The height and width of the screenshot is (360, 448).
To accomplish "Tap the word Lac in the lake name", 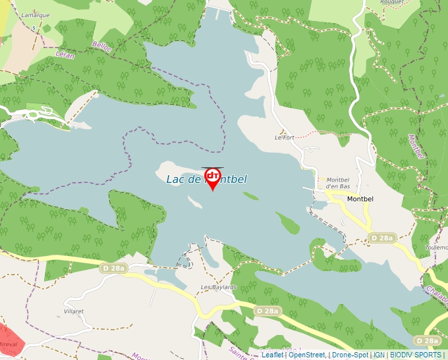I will [175, 179].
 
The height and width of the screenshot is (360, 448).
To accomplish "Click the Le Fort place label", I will [285, 138].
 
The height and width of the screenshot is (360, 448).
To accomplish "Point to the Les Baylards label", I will [218, 288].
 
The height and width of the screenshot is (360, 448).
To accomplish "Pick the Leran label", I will [65, 55].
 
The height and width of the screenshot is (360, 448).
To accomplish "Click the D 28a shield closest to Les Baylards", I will [268, 311].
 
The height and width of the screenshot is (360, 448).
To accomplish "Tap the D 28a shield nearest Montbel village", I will [381, 238].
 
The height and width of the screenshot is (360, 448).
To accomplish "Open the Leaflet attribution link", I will [272, 355].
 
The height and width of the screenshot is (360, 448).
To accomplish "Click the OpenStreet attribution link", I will [307, 355].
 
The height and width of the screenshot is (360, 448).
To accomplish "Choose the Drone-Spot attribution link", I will [350, 355].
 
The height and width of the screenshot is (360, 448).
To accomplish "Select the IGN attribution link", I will [379, 355].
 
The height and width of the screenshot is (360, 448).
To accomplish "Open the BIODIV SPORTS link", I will [416, 355].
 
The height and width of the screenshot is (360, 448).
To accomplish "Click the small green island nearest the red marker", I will [250, 195].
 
